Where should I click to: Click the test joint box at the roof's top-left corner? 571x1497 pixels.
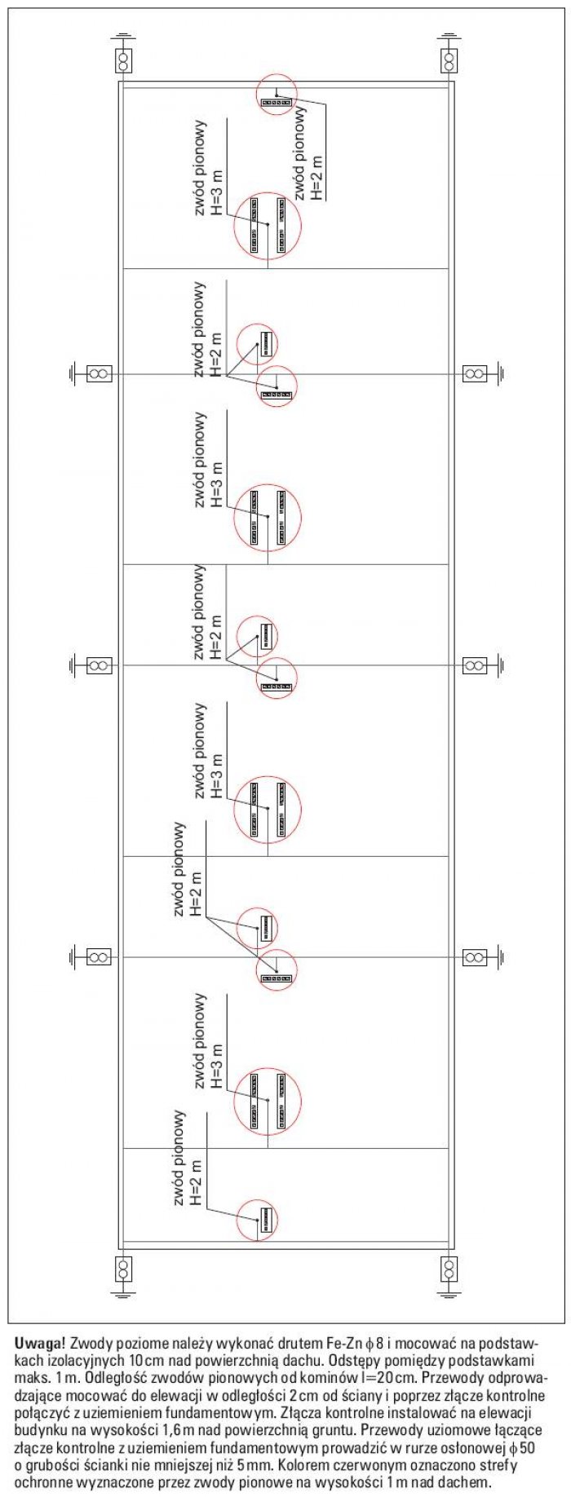[123, 60]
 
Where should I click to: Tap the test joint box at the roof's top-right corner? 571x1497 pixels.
[449, 60]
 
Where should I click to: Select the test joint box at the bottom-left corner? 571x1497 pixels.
[123, 1269]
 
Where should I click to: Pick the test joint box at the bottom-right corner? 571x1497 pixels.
[449, 1269]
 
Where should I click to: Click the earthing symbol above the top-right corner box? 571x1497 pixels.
[449, 38]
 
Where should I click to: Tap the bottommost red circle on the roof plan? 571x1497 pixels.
[257, 1221]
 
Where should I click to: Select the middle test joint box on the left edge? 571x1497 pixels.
[99, 665]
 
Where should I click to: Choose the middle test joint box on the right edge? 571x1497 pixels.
[475, 665]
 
